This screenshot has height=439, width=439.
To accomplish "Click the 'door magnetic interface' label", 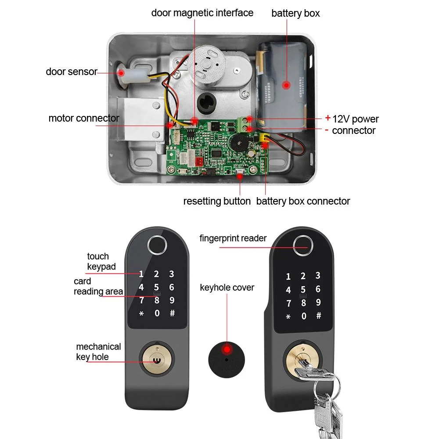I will click(202, 13).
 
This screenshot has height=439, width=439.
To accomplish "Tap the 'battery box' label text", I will click(295, 13).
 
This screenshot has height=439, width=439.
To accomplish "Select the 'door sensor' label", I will click(71, 72).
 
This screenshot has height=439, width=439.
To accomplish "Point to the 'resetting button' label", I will click(217, 201).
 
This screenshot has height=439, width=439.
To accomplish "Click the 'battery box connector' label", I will click(303, 201).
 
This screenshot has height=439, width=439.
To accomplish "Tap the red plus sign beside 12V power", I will click(327, 118).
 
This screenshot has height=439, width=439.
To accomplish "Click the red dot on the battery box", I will click(286, 85).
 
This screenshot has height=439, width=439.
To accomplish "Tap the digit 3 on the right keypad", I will click(317, 276).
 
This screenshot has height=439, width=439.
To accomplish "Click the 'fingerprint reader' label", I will click(233, 238).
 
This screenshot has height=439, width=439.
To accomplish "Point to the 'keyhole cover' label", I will click(227, 288).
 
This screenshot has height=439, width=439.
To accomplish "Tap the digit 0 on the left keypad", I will click(157, 313).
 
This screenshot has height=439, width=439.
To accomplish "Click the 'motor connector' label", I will click(83, 118).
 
